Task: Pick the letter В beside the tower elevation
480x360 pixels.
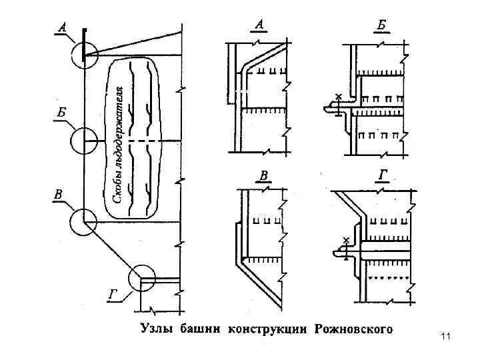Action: click(x=59, y=195)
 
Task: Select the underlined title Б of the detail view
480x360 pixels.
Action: click(x=381, y=25)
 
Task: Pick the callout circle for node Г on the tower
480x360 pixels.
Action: click(x=142, y=279)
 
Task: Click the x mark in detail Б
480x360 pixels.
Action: click(x=338, y=97)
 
